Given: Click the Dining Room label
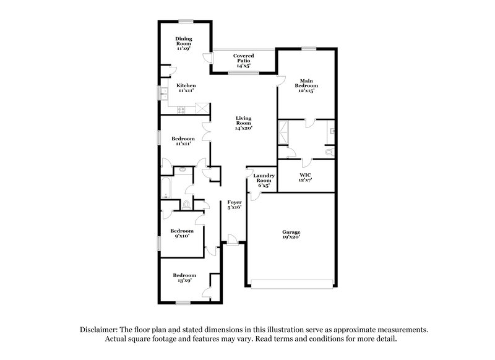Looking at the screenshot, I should tap(183, 43).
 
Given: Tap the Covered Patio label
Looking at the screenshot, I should tap(243, 59).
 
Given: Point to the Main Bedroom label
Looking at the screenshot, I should tap(308, 85).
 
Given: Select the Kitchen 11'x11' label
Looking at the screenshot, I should tap(186, 87).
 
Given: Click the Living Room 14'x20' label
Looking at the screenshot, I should tap(243, 123).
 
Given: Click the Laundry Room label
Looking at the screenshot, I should tap(262, 180).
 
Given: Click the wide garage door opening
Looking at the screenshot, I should tap(293, 283).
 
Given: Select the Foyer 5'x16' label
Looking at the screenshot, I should tap(234, 205).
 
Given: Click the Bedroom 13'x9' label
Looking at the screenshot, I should tap(184, 277).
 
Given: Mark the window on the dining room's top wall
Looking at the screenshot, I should tap(183, 22).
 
